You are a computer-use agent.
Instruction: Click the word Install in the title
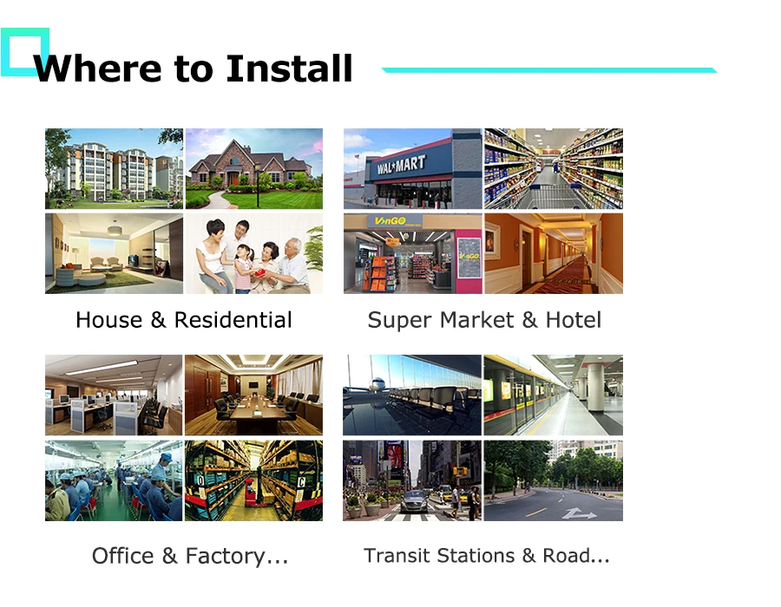pyautogui.click(x=289, y=69)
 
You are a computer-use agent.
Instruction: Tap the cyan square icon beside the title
pyautogui.click(x=24, y=51)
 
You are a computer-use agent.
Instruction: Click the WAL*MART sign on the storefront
pyautogui.click(x=401, y=165)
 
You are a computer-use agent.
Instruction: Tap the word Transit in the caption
pyautogui.click(x=400, y=556)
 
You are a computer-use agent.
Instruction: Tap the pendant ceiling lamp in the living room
pyautogui.click(x=115, y=230)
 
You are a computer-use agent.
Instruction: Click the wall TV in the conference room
pyautogui.click(x=252, y=382)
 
